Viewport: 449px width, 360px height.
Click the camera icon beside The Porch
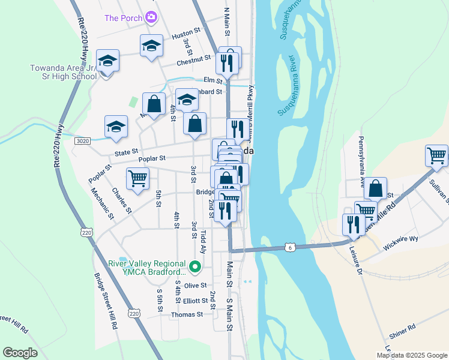[x=151, y=17]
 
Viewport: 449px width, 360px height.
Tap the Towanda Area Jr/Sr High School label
[x=64, y=72]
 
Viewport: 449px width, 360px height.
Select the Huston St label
[x=185, y=36]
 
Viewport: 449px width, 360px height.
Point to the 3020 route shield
[x=82, y=140]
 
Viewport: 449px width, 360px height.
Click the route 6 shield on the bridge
[x=290, y=247]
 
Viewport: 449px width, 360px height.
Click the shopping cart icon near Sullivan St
[x=436, y=156]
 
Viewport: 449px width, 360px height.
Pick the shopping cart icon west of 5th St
[x=137, y=178]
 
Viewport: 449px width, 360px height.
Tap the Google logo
[x=20, y=352]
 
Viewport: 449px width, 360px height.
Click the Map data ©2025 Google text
[x=411, y=355]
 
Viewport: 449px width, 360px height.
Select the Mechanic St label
[x=103, y=202]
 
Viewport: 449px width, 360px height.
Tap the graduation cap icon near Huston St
[x=151, y=46]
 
